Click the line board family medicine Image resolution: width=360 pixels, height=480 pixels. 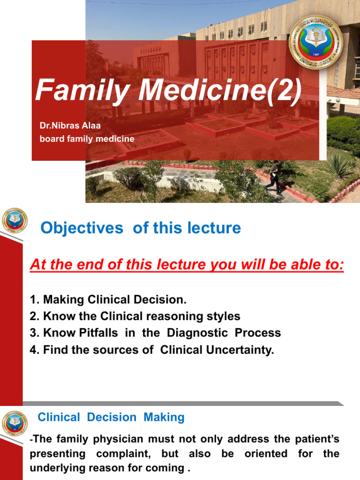tap(87, 139)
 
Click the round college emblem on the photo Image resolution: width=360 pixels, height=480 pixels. tap(315, 42)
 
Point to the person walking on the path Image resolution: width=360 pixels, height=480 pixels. tap(274, 178)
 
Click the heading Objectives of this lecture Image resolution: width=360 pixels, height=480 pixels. tap(141, 228)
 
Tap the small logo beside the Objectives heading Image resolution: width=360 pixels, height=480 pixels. tap(15, 221)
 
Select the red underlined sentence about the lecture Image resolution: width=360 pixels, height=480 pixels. tap(187, 265)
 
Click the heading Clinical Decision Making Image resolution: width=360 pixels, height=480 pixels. tap(111, 417)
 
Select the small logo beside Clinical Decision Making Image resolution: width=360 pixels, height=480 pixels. tap(15, 423)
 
